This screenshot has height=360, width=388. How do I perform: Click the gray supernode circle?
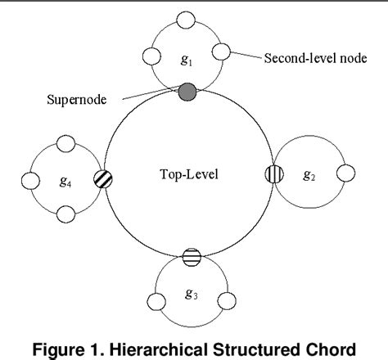point(187,91)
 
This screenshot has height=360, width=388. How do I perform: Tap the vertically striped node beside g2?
point(274,174)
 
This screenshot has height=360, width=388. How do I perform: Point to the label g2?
point(310,175)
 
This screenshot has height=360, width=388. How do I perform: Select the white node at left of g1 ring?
point(150,57)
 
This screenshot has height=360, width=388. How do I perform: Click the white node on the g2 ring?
point(345,173)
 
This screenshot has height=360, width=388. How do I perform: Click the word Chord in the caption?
point(330,350)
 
